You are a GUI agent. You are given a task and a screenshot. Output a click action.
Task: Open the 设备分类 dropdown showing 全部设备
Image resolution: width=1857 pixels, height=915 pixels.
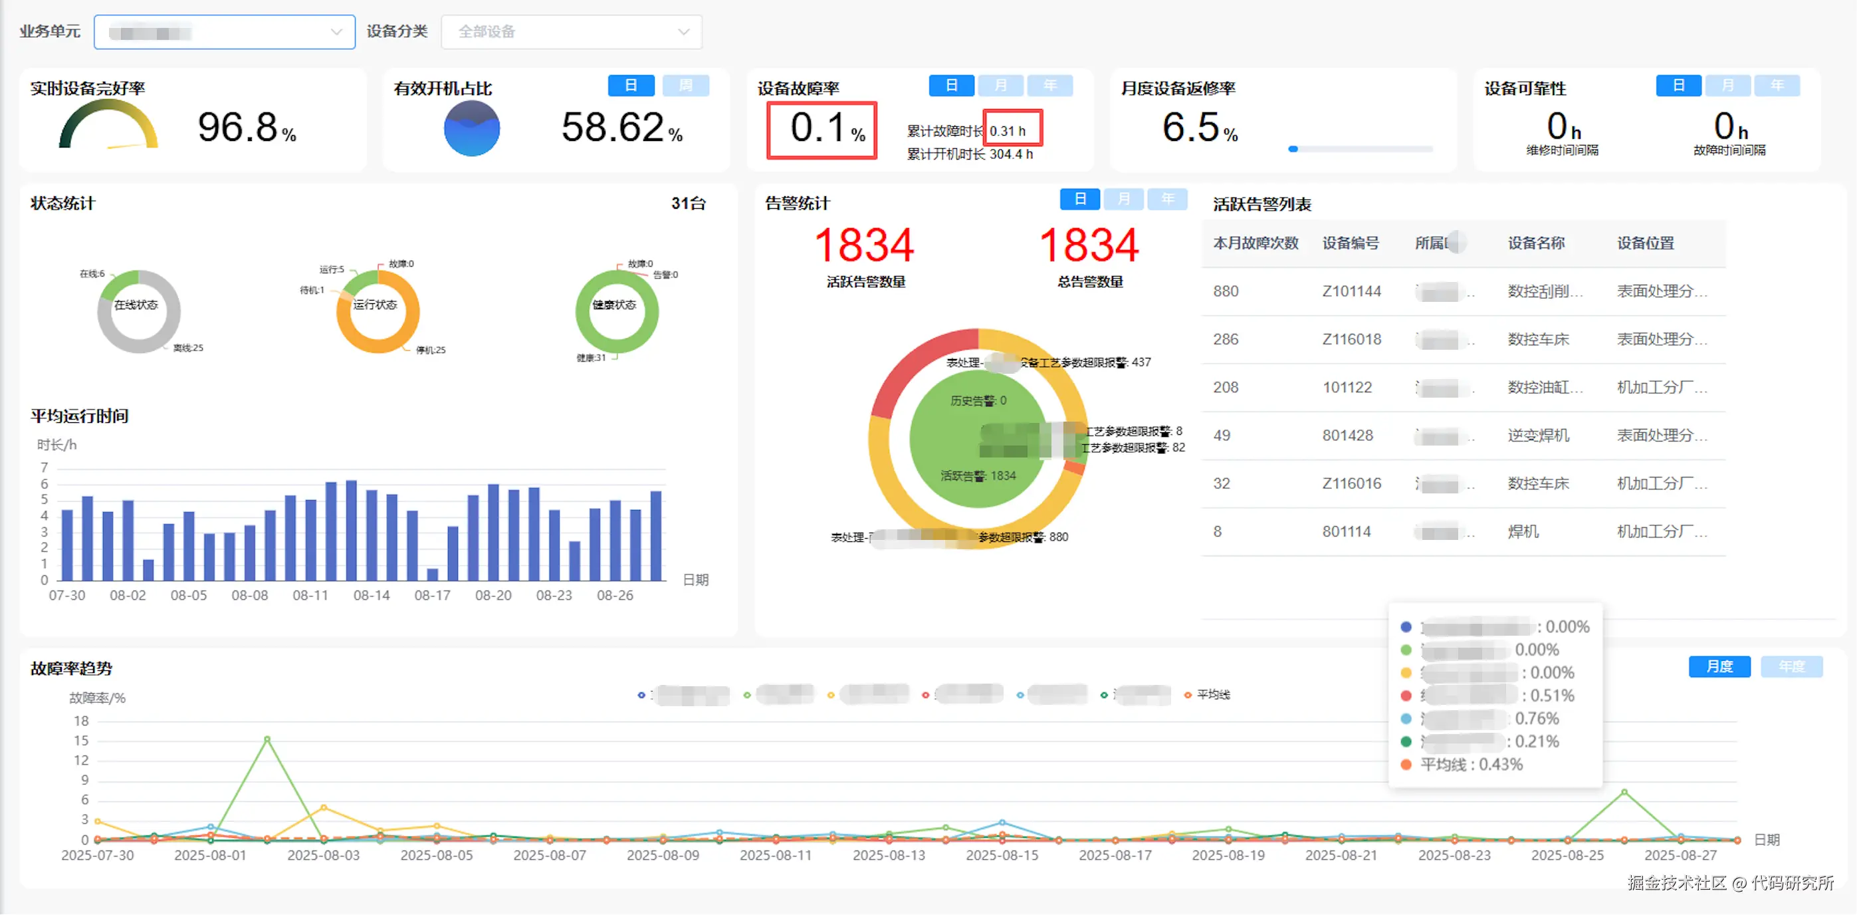click(x=571, y=32)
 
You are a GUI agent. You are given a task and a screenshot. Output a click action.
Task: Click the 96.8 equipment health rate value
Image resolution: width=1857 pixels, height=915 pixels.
click(x=238, y=128)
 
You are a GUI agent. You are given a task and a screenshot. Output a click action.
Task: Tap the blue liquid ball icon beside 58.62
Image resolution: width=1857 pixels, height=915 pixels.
click(x=471, y=129)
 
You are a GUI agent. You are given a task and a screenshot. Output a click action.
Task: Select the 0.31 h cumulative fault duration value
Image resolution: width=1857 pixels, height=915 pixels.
click(x=1008, y=131)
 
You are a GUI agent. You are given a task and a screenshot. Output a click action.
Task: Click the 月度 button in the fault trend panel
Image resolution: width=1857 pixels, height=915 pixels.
click(x=1719, y=666)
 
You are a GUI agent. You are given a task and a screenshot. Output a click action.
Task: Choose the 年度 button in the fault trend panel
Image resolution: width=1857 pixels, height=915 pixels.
click(x=1791, y=666)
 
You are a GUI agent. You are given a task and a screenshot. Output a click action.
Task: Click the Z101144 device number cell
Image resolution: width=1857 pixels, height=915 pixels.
click(x=1351, y=291)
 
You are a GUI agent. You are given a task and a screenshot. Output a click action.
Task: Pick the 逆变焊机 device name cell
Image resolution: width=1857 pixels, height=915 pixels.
click(x=1538, y=436)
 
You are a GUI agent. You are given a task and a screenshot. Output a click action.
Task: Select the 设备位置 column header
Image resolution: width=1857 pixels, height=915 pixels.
click(x=1645, y=243)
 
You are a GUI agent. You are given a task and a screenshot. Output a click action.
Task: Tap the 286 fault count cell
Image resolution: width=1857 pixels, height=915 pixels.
click(x=1226, y=340)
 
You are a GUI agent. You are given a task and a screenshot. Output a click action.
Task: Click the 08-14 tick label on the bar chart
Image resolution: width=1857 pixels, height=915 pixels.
click(x=372, y=596)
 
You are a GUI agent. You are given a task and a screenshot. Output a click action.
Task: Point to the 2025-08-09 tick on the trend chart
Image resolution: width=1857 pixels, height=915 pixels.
click(x=663, y=855)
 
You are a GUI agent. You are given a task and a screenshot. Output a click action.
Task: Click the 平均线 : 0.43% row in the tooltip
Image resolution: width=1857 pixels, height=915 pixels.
click(x=1471, y=764)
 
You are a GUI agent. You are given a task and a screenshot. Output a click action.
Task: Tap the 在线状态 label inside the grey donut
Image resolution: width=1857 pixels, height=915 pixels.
click(x=136, y=305)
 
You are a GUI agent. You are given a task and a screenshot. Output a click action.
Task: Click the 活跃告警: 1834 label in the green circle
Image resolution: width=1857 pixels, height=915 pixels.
click(x=978, y=476)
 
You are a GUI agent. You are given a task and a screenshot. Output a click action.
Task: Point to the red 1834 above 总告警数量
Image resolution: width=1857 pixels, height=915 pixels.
click(x=1089, y=245)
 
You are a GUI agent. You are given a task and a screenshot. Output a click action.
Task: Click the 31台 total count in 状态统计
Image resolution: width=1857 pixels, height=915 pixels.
click(x=688, y=204)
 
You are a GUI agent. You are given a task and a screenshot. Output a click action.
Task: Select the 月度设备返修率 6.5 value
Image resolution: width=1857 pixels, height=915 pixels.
click(x=1190, y=128)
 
